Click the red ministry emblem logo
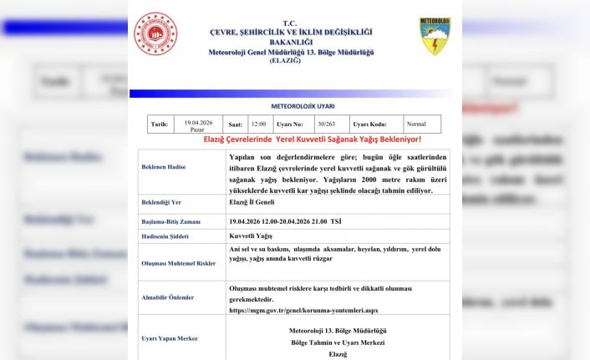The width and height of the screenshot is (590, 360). [x=155, y=34]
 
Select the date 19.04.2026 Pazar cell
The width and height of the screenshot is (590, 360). [x=198, y=124]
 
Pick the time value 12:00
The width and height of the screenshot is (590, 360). [x=259, y=124]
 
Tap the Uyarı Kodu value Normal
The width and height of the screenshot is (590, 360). [x=415, y=124]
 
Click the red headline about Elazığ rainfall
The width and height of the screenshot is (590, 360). [x=313, y=139]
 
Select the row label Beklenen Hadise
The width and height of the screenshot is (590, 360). [x=164, y=167]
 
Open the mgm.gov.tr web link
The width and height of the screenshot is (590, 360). [x=303, y=311]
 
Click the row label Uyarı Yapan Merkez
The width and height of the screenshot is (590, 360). [x=170, y=339]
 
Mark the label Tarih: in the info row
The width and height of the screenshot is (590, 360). [x=159, y=124]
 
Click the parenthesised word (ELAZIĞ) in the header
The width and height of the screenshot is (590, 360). [x=290, y=61]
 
